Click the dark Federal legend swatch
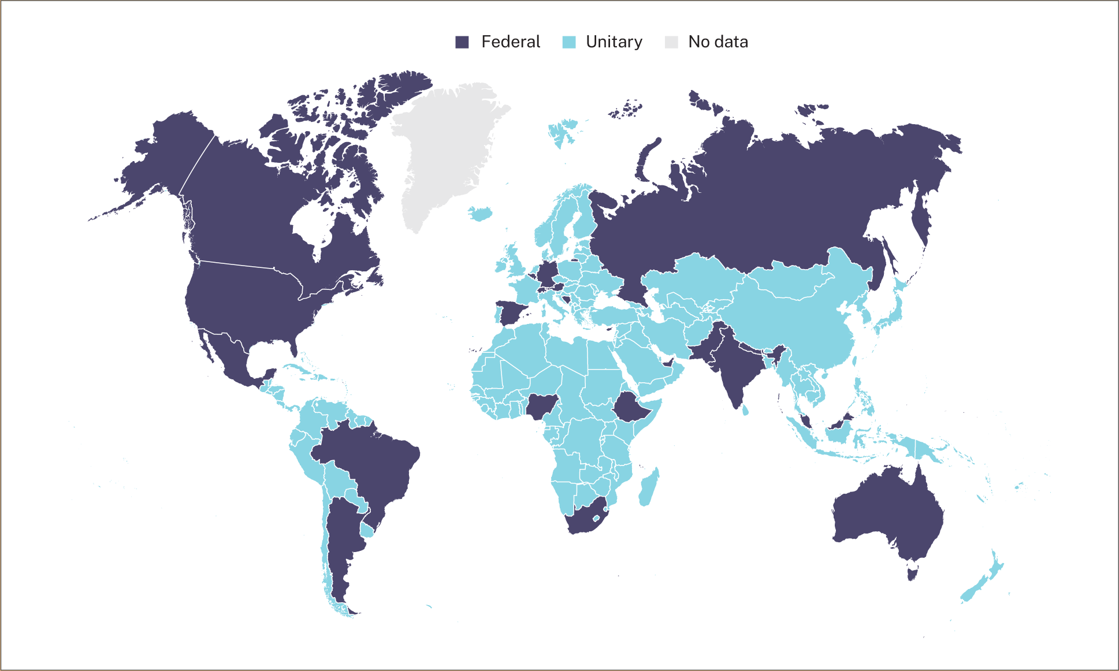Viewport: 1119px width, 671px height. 462,42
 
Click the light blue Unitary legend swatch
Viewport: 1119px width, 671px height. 569,42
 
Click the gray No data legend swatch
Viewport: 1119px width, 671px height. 671,42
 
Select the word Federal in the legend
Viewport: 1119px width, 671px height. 511,42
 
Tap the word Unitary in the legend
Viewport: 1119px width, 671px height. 614,42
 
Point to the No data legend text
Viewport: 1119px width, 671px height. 718,42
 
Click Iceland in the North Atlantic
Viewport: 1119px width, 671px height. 481,214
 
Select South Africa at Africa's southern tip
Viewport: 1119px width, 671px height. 583,520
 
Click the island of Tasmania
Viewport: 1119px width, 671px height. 912,574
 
